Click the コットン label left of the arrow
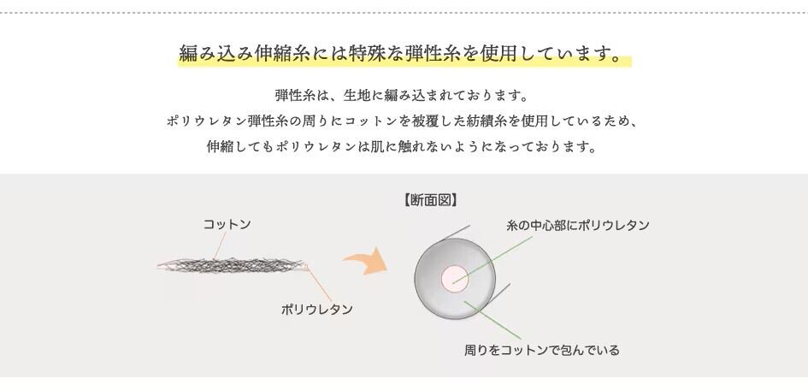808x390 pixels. pos(227,224)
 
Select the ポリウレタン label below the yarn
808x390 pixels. pos(316,309)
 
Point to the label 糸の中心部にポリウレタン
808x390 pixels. pos(577,225)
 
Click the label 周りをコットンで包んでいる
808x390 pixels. pos(541,350)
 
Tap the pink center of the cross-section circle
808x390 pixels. pos(454,276)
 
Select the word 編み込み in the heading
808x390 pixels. pos(211,55)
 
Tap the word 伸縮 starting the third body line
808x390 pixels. pos(220,146)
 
